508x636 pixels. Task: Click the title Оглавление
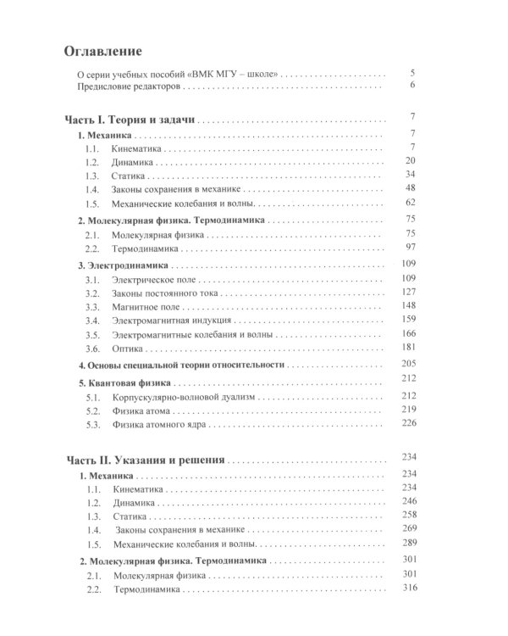[104, 50]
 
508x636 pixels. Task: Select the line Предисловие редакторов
[125, 86]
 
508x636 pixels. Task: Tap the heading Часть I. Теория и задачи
[130, 118]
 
